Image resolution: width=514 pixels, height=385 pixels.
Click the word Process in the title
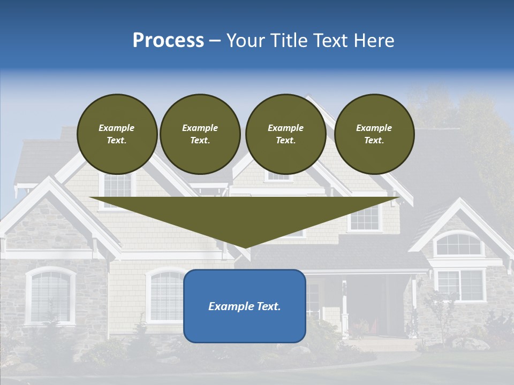[x=168, y=41]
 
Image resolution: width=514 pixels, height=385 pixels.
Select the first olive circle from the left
[x=117, y=134]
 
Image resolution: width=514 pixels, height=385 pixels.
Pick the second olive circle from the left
[x=200, y=134]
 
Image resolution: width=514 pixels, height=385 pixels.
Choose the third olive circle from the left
[x=285, y=134]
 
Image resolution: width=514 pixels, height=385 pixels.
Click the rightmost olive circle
[x=374, y=134]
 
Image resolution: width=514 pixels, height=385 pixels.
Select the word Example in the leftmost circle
[x=117, y=128]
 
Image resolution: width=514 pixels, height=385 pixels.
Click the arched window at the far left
[x=50, y=296]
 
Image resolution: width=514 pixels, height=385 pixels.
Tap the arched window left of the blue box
[x=166, y=295]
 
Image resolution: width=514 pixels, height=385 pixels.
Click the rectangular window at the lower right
[x=460, y=284]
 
